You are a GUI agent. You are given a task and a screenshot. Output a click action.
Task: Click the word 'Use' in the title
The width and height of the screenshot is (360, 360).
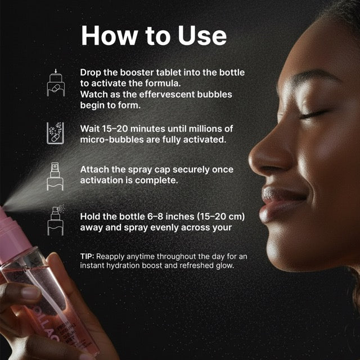202,35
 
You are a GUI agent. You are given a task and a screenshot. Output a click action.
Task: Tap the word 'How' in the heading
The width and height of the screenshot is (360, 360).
110,35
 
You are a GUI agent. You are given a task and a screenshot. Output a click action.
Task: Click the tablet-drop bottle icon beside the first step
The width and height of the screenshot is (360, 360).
56,83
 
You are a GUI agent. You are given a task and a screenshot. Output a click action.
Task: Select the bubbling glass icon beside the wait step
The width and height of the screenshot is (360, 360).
55,133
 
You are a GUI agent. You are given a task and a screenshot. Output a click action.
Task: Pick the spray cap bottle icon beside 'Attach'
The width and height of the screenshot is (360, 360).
55,177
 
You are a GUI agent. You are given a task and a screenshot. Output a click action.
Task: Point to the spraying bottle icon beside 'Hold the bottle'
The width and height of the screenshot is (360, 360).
56,220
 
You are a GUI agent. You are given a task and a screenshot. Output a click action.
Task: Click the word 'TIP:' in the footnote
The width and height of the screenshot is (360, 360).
87,256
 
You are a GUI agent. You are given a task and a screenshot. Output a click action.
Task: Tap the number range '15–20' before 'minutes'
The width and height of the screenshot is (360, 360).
115,129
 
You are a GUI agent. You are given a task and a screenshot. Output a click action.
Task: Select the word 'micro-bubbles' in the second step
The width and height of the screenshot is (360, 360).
112,139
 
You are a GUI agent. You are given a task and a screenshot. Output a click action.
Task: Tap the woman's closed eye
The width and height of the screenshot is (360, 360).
313,114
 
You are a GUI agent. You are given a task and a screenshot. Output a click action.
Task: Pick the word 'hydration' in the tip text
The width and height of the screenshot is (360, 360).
125,265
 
